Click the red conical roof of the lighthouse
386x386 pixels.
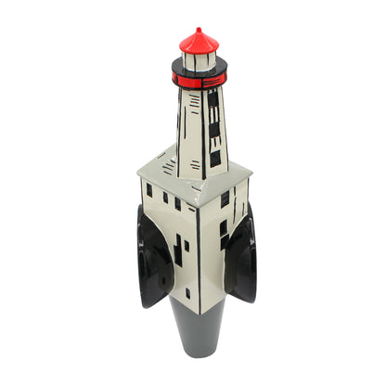point(199,43)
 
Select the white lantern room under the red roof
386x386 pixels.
point(198,62)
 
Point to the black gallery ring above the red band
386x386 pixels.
point(198,70)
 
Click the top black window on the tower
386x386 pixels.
point(212,99)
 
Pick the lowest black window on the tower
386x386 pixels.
point(215,158)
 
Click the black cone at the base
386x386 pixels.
point(199,329)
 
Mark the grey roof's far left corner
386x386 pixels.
point(138,169)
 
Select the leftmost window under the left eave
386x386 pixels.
point(148,189)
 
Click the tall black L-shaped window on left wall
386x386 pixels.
point(177,251)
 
